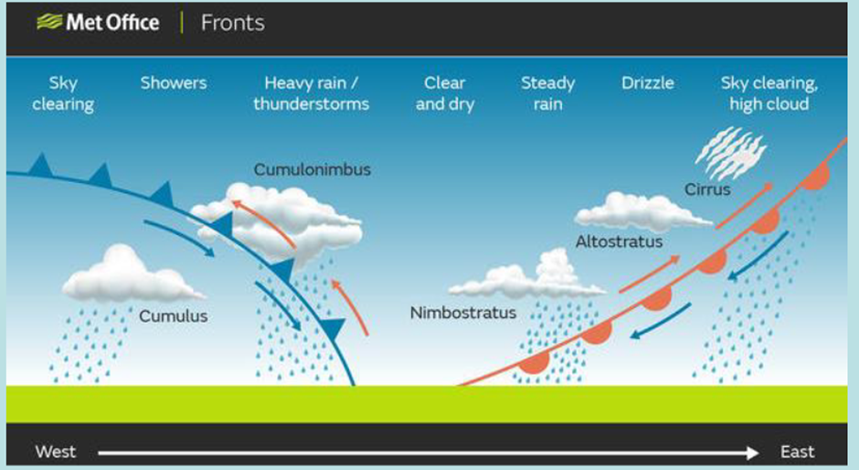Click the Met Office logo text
click(x=112, y=23)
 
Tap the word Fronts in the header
click(x=233, y=23)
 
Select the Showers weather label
click(x=174, y=83)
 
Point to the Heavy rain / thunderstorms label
click(x=312, y=93)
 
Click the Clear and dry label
click(x=445, y=93)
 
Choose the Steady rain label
click(x=547, y=93)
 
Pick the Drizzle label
click(x=648, y=83)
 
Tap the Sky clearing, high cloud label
click(x=769, y=93)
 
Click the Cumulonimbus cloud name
click(x=313, y=169)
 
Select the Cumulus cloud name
click(x=173, y=315)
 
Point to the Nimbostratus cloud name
click(x=463, y=313)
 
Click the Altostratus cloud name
click(x=619, y=241)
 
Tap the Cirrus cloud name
click(x=707, y=189)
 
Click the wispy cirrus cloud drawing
click(x=730, y=153)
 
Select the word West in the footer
click(x=56, y=452)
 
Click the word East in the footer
click(x=797, y=452)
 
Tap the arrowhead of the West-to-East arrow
click(x=751, y=453)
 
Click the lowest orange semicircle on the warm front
click(x=535, y=362)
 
